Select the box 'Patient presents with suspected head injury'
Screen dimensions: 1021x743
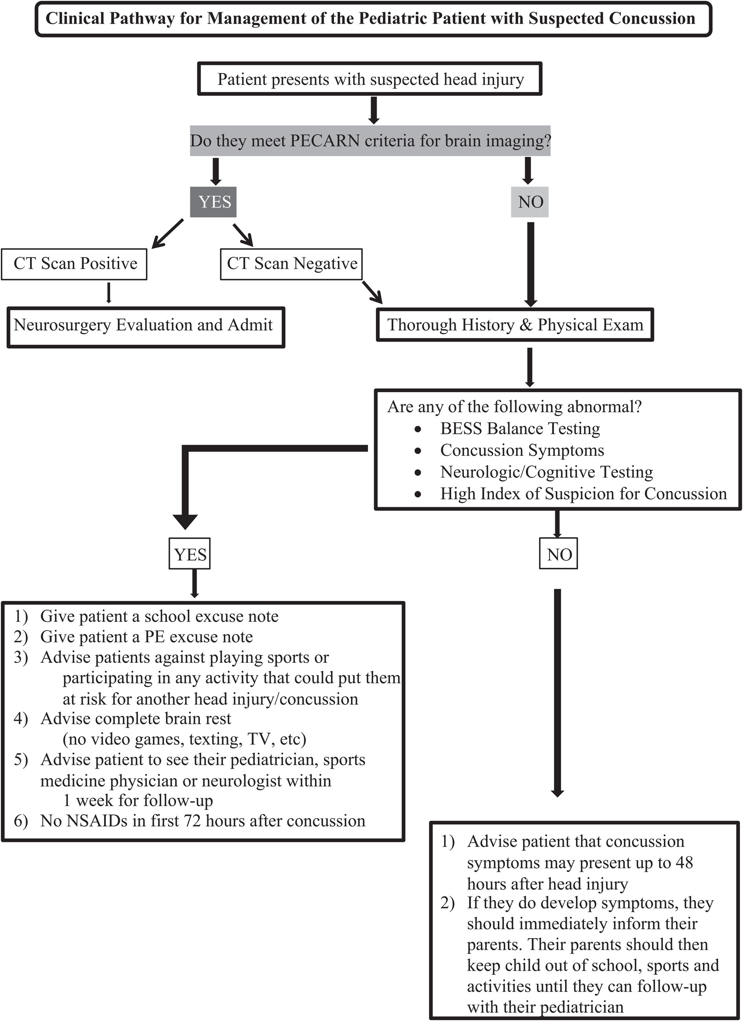coord(370,79)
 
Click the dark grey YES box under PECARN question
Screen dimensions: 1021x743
coord(213,202)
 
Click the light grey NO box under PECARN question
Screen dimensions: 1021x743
coord(530,202)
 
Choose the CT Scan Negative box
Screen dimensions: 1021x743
coord(291,264)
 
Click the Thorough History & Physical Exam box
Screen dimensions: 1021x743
coord(515,325)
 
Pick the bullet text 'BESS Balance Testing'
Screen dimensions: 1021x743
coord(520,428)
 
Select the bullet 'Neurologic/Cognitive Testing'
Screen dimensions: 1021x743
coord(546,472)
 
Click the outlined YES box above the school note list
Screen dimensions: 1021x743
coord(189,554)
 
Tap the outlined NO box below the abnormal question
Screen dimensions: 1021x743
coord(558,554)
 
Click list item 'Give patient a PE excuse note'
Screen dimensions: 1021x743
coord(146,637)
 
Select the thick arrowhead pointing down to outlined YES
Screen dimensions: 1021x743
coord(185,522)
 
